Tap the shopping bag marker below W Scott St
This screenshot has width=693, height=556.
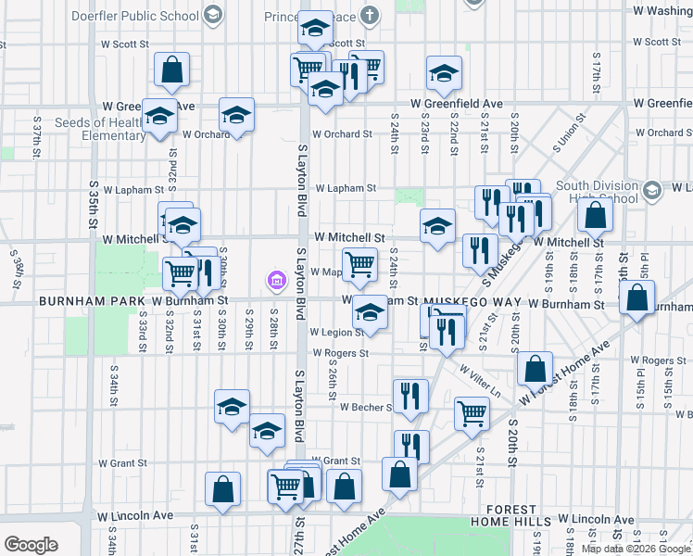[x=172, y=69]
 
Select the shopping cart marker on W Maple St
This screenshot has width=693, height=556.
[x=359, y=263]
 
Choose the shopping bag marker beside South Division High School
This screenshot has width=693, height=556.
[x=594, y=215]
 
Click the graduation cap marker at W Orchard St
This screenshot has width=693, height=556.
[x=236, y=115]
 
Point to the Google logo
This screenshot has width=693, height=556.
[x=31, y=545]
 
